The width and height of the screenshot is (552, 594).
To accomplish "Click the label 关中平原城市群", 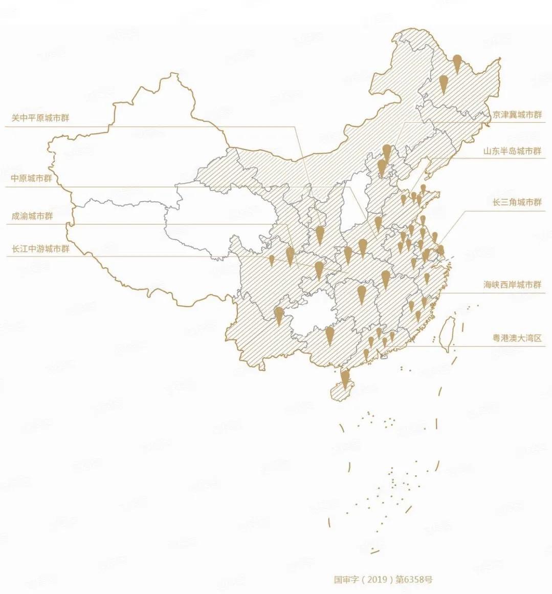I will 40,118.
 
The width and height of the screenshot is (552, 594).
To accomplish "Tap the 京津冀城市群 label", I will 517,115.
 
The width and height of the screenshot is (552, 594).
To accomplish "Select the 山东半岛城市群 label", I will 512,151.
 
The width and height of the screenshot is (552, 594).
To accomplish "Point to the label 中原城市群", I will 32,179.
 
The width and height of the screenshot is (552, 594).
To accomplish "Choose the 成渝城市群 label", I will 32,216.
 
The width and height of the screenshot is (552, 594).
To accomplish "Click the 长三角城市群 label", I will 517,202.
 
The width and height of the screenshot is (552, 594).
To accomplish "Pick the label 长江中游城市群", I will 40,249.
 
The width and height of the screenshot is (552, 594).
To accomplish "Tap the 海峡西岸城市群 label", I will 512,285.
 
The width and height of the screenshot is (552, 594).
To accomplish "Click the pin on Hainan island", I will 345,378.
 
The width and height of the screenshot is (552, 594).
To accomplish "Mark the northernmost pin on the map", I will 457,63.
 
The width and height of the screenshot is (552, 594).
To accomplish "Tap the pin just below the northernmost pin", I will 444,83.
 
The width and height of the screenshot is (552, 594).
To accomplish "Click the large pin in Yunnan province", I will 279,314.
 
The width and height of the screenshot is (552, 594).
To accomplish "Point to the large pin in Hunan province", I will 362,294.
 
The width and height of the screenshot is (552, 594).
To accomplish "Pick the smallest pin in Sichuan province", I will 272,260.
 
